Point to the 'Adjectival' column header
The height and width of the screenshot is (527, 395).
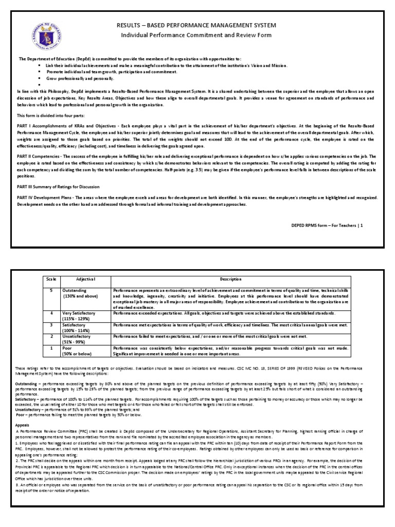(x=83, y=279)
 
